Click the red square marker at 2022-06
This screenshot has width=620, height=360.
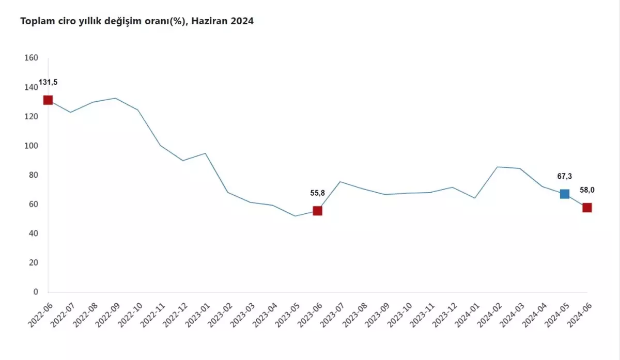(x=48, y=100)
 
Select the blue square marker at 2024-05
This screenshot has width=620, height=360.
(x=564, y=194)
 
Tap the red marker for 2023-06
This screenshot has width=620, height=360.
(x=317, y=211)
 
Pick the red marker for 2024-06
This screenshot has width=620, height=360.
(x=587, y=208)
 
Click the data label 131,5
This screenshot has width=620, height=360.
(x=48, y=83)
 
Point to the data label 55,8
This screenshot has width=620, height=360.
(x=317, y=193)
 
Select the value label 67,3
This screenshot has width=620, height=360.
(x=564, y=176)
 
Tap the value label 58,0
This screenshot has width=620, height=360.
(x=587, y=190)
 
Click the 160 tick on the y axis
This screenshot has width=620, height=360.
(x=32, y=58)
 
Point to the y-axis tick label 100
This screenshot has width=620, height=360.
(x=32, y=146)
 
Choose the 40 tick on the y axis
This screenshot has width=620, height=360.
(x=33, y=233)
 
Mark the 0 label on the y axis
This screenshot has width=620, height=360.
(x=36, y=292)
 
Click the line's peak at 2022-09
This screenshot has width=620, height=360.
(x=115, y=98)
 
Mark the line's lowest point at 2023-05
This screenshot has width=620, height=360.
(x=295, y=216)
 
